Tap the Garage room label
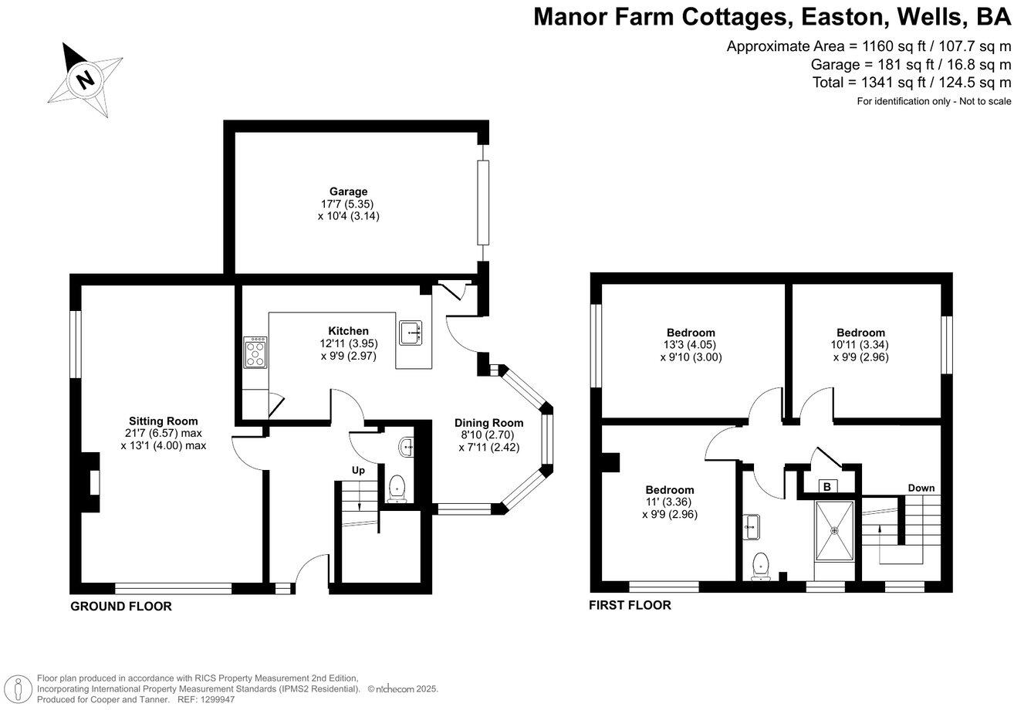tap(348, 191)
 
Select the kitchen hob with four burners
tap(255, 353)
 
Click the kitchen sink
tap(410, 333)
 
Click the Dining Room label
tap(488, 423)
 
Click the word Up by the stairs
tap(359, 470)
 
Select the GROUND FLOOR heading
tap(121, 607)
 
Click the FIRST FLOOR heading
tap(630, 605)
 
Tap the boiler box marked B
tap(826, 487)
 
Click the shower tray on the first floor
tap(834, 531)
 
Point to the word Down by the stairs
tap(921, 489)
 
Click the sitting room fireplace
tap(92, 484)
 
